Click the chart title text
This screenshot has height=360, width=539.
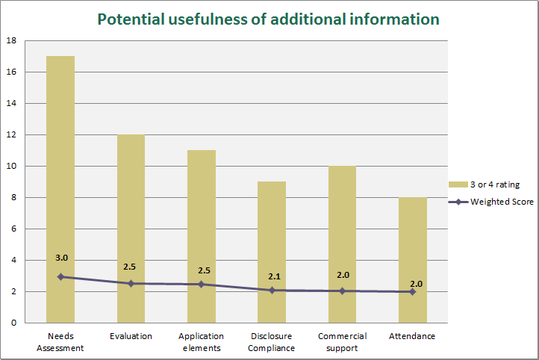click(269, 19)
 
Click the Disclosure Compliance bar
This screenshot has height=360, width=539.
click(272, 246)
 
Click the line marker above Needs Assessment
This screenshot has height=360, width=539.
click(60, 276)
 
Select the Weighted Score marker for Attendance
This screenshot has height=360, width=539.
click(412, 291)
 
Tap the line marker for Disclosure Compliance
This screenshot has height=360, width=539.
click(272, 290)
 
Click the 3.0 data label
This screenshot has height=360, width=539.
click(61, 258)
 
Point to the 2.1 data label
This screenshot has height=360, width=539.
click(274, 276)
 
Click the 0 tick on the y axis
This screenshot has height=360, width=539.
click(13, 323)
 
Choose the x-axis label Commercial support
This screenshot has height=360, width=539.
click(342, 341)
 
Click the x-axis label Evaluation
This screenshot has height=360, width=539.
click(131, 336)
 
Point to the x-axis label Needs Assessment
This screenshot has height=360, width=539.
click(60, 341)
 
